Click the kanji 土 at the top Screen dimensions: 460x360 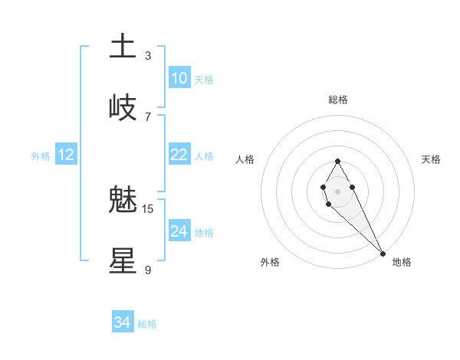point(123,46)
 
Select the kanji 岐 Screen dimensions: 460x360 point(123,107)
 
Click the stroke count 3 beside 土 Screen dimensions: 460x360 point(148,55)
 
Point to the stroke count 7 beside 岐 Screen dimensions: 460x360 point(148,116)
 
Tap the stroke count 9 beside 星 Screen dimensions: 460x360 point(148,270)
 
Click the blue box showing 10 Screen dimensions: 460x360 point(179,78)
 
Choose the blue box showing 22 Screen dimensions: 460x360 point(179,155)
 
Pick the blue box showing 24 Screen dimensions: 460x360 point(179,231)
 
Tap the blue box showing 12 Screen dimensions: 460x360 point(66,155)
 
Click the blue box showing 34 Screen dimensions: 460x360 point(123,322)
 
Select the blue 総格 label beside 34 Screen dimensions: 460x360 point(147,324)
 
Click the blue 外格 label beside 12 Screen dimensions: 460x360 point(41,156)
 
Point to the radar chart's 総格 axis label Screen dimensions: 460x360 point(338,100)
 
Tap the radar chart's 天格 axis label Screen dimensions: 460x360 point(431,159)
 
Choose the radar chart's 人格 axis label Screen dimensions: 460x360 point(245,159)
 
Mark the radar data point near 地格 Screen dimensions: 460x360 point(383,254)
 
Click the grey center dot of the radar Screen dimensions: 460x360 point(337,190)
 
